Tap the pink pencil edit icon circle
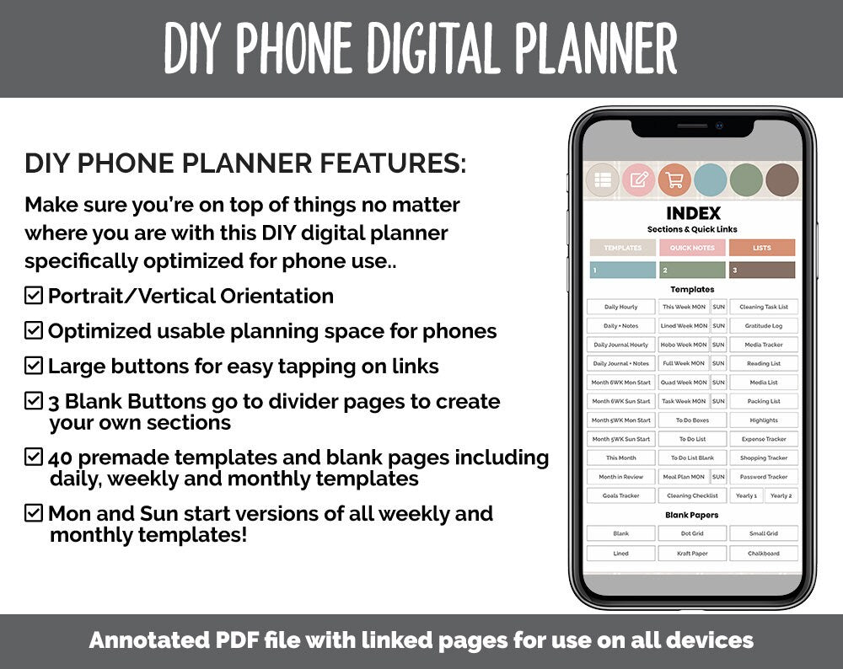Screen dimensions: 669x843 (x=638, y=179)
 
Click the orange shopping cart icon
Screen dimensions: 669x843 (x=674, y=179)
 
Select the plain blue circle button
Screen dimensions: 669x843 (x=710, y=179)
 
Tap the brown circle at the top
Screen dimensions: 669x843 (x=781, y=179)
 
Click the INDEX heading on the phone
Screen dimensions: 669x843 (x=693, y=214)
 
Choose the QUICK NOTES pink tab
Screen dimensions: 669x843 (x=692, y=248)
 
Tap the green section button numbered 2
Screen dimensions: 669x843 (x=692, y=270)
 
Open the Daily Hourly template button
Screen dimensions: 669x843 (x=621, y=307)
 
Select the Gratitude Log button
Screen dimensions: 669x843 (x=763, y=325)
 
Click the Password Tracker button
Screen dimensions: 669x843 (x=763, y=477)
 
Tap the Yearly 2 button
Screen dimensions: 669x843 (x=781, y=495)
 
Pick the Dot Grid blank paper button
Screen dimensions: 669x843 (x=692, y=533)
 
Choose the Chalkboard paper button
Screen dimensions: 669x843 (x=763, y=554)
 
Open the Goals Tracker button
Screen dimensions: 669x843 (x=621, y=495)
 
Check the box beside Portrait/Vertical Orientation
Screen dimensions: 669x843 (x=34, y=296)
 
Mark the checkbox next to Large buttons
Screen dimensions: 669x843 (x=34, y=366)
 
